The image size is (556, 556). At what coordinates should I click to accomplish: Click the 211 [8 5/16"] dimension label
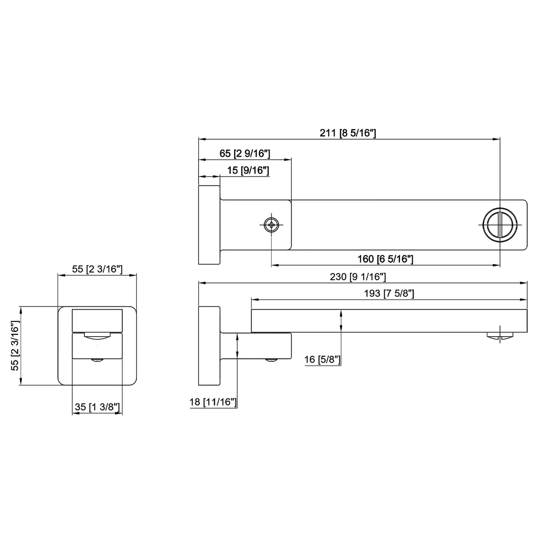(348, 133)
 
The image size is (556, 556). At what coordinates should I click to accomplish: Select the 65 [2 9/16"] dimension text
(245, 153)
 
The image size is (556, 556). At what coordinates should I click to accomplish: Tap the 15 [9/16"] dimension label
(248, 170)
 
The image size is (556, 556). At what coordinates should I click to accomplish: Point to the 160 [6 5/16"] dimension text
(385, 259)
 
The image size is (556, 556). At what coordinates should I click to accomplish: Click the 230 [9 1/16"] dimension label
(358, 277)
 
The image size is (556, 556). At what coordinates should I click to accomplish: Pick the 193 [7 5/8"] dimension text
(389, 294)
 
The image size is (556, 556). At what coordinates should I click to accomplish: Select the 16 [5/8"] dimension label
(322, 360)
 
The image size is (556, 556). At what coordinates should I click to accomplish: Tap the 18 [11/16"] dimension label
(213, 402)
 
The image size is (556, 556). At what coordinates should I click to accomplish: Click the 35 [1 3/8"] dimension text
(97, 407)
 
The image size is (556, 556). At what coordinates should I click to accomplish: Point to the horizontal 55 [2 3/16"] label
(97, 269)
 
